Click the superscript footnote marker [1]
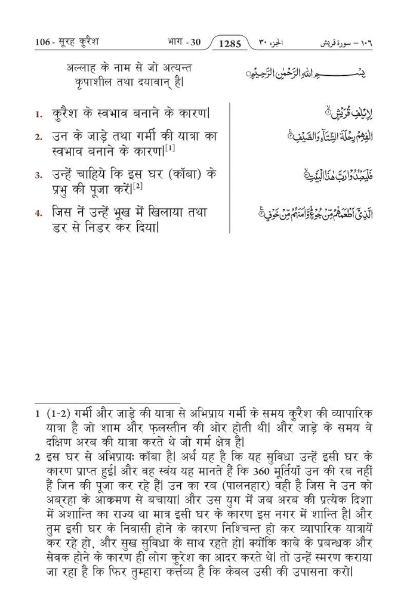[170, 147]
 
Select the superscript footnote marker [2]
[137, 186]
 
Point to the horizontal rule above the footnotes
[107, 403]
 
